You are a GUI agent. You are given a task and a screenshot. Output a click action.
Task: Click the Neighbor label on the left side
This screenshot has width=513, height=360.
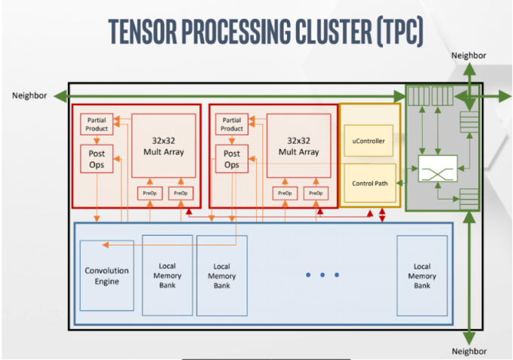pyautogui.click(x=29, y=96)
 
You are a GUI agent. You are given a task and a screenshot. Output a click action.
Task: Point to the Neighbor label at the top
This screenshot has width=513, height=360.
pyautogui.click(x=469, y=56)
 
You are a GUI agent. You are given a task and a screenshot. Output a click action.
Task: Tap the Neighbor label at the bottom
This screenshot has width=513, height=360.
pyautogui.click(x=469, y=351)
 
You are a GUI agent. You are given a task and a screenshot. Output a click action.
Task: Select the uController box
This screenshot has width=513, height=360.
pyautogui.click(x=368, y=141)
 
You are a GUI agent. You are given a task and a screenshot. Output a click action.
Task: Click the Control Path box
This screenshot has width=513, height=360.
pyautogui.click(x=369, y=183)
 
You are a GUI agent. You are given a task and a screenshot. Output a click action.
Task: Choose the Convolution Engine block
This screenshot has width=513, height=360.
pyautogui.click(x=106, y=276)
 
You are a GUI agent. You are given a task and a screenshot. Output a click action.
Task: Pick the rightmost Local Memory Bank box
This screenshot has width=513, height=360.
pyautogui.click(x=422, y=276)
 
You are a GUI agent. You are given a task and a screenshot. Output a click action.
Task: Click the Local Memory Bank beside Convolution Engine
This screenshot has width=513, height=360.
pyautogui.click(x=167, y=276)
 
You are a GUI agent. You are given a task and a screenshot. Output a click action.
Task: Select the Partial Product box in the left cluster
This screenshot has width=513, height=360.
pyautogui.click(x=96, y=124)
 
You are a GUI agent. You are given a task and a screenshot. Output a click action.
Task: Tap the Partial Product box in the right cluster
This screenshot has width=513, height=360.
pyautogui.click(x=232, y=124)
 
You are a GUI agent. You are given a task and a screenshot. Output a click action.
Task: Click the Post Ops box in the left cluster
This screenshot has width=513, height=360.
pyautogui.click(x=96, y=159)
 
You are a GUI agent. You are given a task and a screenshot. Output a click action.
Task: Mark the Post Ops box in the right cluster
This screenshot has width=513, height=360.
pyautogui.click(x=232, y=159)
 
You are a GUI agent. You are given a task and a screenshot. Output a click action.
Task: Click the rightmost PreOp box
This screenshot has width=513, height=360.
pyautogui.click(x=316, y=193)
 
